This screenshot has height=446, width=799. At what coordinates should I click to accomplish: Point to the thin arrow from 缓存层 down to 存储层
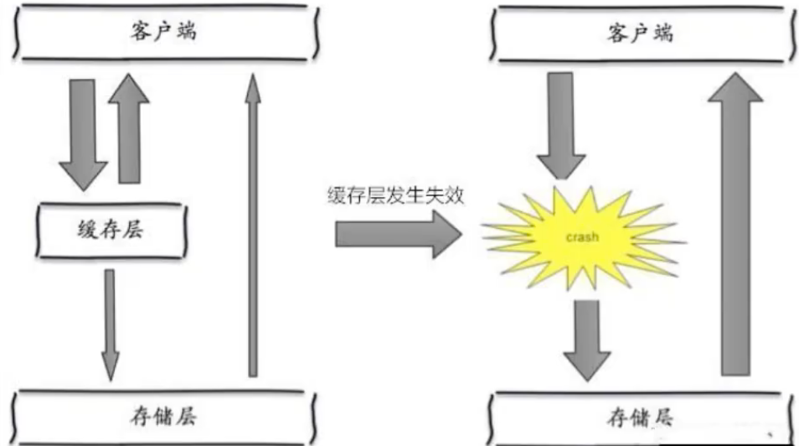coord(110,323)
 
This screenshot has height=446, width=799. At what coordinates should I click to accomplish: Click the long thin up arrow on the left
coord(251,226)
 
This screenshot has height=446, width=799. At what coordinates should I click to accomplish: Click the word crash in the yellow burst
coord(581,237)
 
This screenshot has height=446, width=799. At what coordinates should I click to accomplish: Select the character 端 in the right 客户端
coord(662,34)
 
